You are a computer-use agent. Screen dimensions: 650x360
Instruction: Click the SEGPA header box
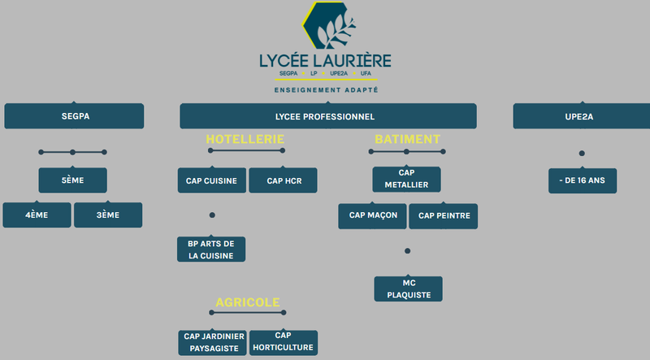click(x=74, y=116)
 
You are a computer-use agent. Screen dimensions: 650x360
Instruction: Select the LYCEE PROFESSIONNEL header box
click(x=328, y=116)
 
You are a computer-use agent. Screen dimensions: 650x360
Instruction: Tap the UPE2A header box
click(x=582, y=116)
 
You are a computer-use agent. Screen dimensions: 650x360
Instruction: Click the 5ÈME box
click(x=73, y=180)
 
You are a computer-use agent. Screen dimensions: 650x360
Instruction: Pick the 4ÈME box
click(x=37, y=215)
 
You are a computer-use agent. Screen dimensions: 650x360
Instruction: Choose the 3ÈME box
click(x=108, y=215)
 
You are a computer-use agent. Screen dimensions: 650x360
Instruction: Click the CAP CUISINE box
click(x=212, y=180)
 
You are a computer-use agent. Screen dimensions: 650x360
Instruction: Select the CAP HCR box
click(x=283, y=180)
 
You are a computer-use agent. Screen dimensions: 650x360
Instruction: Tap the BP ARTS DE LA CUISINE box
click(x=211, y=249)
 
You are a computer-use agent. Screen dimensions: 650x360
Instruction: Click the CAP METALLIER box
click(x=407, y=179)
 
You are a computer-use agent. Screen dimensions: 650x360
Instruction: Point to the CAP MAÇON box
click(x=372, y=216)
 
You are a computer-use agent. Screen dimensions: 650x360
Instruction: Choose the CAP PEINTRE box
click(x=444, y=216)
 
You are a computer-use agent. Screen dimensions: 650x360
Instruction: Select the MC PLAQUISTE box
click(x=409, y=289)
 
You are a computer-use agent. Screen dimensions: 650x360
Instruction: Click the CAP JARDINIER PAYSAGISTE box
click(x=213, y=343)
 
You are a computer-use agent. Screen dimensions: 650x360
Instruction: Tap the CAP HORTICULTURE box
click(x=284, y=343)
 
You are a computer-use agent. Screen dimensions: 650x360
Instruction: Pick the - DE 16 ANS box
click(x=583, y=181)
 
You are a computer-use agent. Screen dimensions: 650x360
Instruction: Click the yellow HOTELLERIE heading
click(x=245, y=139)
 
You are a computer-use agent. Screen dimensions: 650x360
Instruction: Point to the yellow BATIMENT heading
click(x=408, y=139)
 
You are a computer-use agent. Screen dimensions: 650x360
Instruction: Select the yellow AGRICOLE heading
click(x=248, y=302)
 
